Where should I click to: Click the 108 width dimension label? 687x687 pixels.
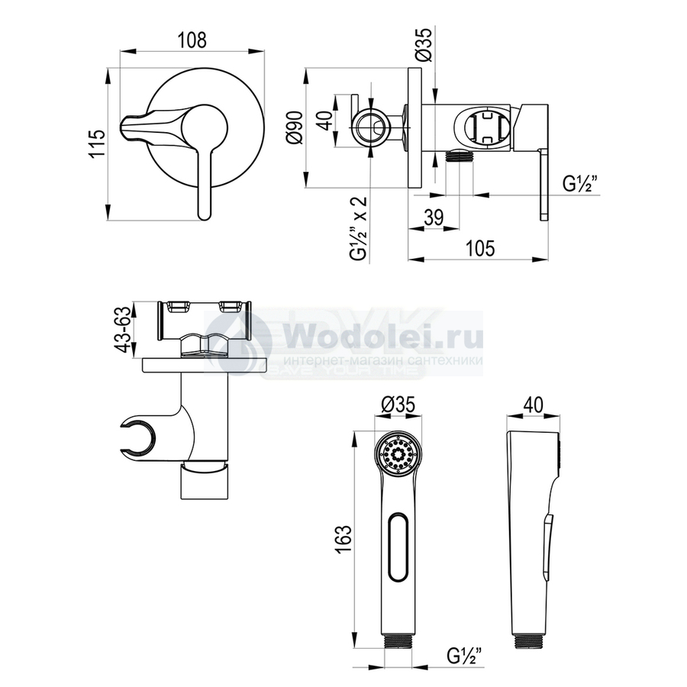point(192,40)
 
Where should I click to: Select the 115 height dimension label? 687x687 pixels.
point(96,144)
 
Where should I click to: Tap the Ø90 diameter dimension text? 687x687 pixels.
point(293,127)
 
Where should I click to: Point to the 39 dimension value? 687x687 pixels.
point(434,217)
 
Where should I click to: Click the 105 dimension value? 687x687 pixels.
point(480,248)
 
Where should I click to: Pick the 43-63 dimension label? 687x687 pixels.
point(122,329)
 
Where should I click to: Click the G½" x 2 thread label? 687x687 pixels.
point(359,229)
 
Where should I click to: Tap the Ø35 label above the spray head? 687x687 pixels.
point(398,405)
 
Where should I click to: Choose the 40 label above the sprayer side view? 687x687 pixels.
point(534,405)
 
